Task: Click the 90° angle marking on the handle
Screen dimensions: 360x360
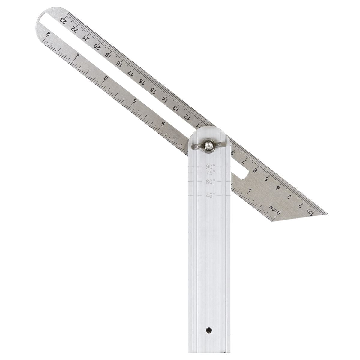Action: point(211,166)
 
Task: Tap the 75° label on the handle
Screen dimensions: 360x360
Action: point(211,173)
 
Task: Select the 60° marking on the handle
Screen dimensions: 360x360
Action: point(211,181)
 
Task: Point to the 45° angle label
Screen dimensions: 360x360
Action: point(211,195)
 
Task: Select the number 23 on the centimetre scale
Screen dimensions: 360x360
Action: point(63,21)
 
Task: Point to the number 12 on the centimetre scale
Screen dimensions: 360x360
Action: point(187,116)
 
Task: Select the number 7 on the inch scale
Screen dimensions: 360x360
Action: point(77,56)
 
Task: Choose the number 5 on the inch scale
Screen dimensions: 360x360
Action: point(135,101)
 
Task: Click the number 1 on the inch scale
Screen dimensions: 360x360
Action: point(250,190)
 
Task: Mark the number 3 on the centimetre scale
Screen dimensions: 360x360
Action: point(289,196)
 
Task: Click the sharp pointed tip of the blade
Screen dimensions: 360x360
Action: point(328,214)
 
